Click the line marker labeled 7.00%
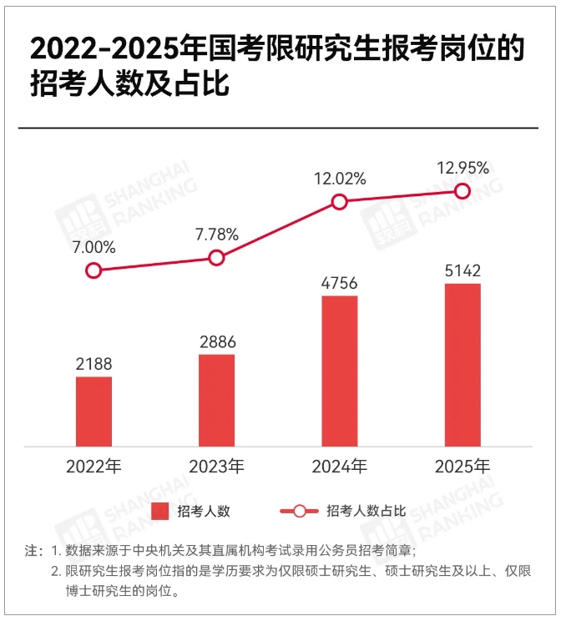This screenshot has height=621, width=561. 93,270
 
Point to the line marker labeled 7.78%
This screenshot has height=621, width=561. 216,258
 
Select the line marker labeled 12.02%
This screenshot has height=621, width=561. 339,202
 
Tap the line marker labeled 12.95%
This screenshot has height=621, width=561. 462,191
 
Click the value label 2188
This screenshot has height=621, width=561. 93,364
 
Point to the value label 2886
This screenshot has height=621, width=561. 216,341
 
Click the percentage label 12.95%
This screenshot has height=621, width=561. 462,169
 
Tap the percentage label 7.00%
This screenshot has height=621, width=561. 93,247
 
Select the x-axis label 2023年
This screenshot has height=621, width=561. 216,466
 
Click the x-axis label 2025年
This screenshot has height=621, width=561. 462,466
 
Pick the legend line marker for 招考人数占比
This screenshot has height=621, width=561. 298,511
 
